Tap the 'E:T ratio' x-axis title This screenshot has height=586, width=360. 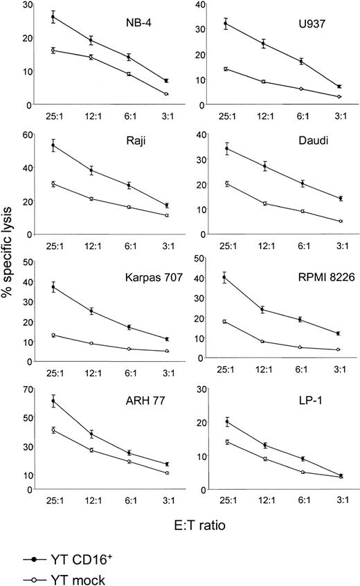coord(186,525)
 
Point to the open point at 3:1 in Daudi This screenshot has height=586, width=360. coord(340,221)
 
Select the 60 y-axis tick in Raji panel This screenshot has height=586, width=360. coord(25,134)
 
